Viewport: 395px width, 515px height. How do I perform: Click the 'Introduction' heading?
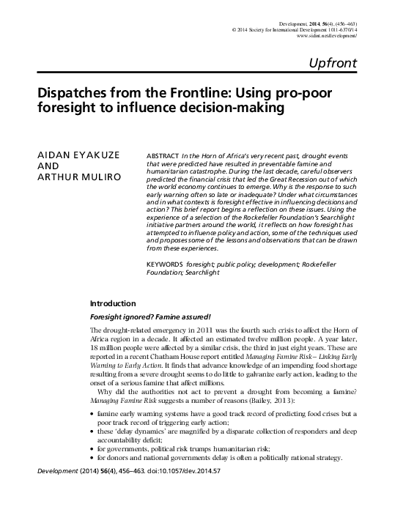tap(112, 303)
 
